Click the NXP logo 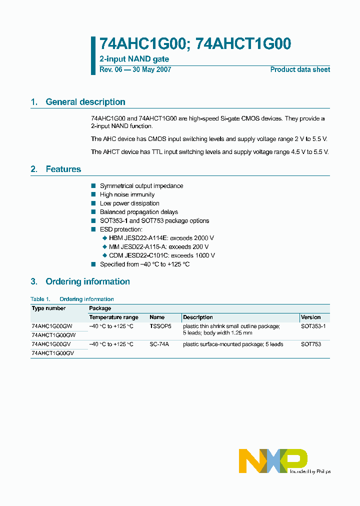click(273, 460)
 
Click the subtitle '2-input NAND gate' click(134, 59)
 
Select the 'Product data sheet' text click(300, 69)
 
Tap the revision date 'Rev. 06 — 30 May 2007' click(135, 69)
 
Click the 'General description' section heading click(85, 102)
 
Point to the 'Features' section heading click(63, 169)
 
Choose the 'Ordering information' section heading click(87, 281)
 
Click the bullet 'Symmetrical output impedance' click(141, 186)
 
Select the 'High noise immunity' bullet click(127, 194)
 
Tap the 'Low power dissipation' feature click(129, 203)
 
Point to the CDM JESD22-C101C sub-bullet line click(161, 255)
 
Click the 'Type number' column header click(49, 308)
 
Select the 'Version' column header click(311, 317)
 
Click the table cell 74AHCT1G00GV click(53, 353)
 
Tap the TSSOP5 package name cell click(160, 326)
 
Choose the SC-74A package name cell click(159, 344)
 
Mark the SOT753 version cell click(311, 344)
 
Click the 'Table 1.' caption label click(40, 299)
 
